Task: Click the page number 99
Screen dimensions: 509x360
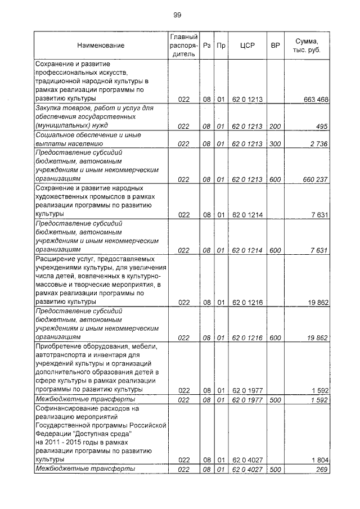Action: click(x=177, y=15)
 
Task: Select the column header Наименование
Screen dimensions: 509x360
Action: click(x=101, y=46)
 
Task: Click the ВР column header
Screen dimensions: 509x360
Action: click(x=275, y=46)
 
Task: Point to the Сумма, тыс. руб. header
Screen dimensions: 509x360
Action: click(x=307, y=46)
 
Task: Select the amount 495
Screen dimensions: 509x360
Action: click(x=321, y=127)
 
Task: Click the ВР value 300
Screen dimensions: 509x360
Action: click(x=275, y=144)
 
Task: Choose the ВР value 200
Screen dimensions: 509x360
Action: click(x=275, y=127)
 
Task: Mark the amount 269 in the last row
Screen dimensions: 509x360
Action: click(x=322, y=469)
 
